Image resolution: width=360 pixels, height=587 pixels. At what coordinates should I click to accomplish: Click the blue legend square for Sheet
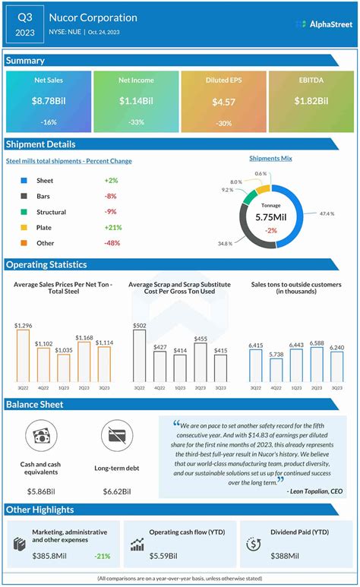(x=24, y=181)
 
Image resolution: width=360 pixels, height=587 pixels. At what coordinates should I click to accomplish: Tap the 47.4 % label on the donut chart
(x=327, y=215)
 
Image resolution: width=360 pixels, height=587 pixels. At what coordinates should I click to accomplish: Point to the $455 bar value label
(x=200, y=339)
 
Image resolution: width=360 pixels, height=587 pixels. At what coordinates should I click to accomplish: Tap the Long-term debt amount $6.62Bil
(x=117, y=492)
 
